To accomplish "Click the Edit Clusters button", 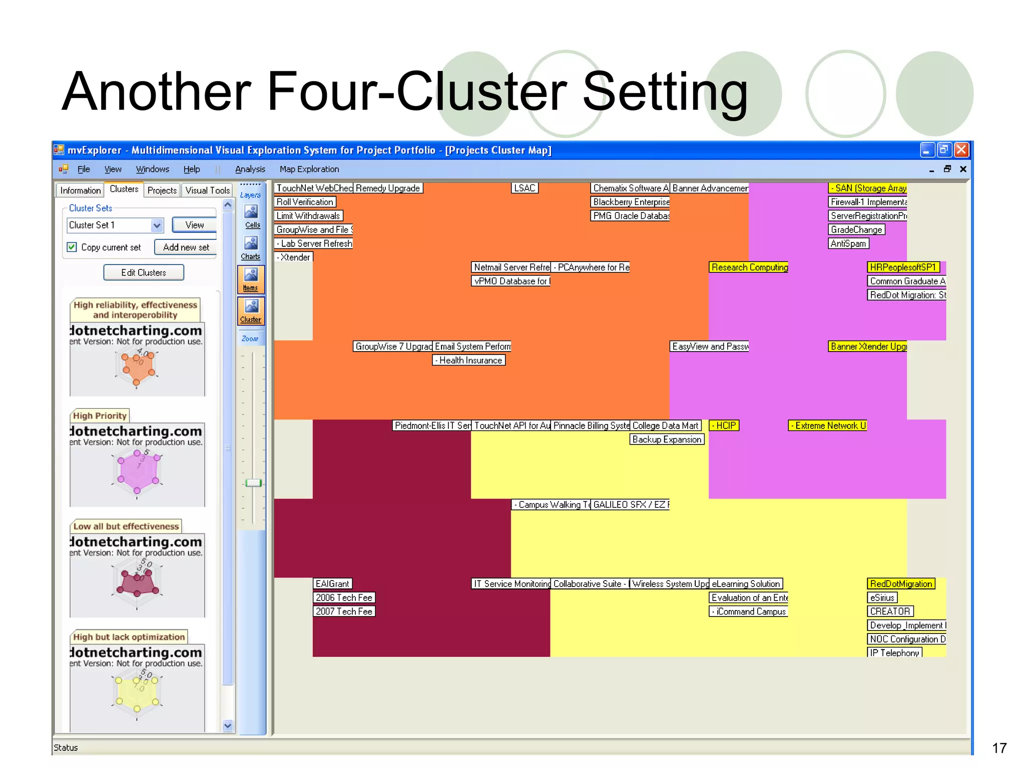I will [x=144, y=272].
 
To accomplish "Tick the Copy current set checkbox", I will [x=72, y=247].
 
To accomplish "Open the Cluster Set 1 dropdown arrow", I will [x=157, y=225].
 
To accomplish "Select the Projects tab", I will [x=162, y=190].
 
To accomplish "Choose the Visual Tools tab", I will [x=207, y=190].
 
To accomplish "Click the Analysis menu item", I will [x=250, y=169].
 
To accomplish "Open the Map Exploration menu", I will [x=309, y=169].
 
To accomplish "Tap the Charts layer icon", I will [x=251, y=247].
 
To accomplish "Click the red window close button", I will [x=961, y=149].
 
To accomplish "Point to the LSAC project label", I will [x=525, y=188].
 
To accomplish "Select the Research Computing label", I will [x=749, y=267].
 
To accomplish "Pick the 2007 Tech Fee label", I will [x=344, y=611].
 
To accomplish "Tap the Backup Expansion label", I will [x=667, y=439].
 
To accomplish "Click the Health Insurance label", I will [x=469, y=360].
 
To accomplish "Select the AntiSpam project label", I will [x=848, y=243].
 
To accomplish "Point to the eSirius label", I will [x=882, y=597].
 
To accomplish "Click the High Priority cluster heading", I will [x=100, y=416].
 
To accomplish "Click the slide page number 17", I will [x=999, y=748].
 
